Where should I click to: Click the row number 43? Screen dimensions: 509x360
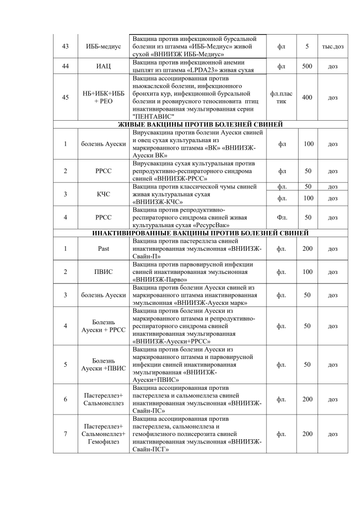[66, 47]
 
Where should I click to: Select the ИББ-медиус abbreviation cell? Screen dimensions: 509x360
[103, 47]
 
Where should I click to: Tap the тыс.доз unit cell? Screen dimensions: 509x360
[333, 47]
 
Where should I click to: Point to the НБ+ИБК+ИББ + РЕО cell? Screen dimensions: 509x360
[103, 98]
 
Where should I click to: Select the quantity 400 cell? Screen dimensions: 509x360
[307, 98]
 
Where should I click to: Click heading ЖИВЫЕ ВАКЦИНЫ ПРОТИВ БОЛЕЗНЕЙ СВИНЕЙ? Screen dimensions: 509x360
[199, 124]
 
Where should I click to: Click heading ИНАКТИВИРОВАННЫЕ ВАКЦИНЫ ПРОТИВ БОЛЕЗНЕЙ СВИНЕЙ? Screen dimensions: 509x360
[199, 233]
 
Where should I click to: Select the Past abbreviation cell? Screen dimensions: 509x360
[103, 248]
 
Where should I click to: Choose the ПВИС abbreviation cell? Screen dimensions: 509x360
[103, 272]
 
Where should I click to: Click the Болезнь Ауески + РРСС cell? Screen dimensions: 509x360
[103, 326]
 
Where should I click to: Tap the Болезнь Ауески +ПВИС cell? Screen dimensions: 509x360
[103, 365]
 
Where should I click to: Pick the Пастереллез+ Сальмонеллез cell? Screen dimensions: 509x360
[103, 399]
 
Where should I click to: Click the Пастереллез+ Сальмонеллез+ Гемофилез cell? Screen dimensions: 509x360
[103, 434]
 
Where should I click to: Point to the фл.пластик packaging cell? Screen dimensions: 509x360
[281, 98]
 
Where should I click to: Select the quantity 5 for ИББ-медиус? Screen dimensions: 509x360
[307, 47]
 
